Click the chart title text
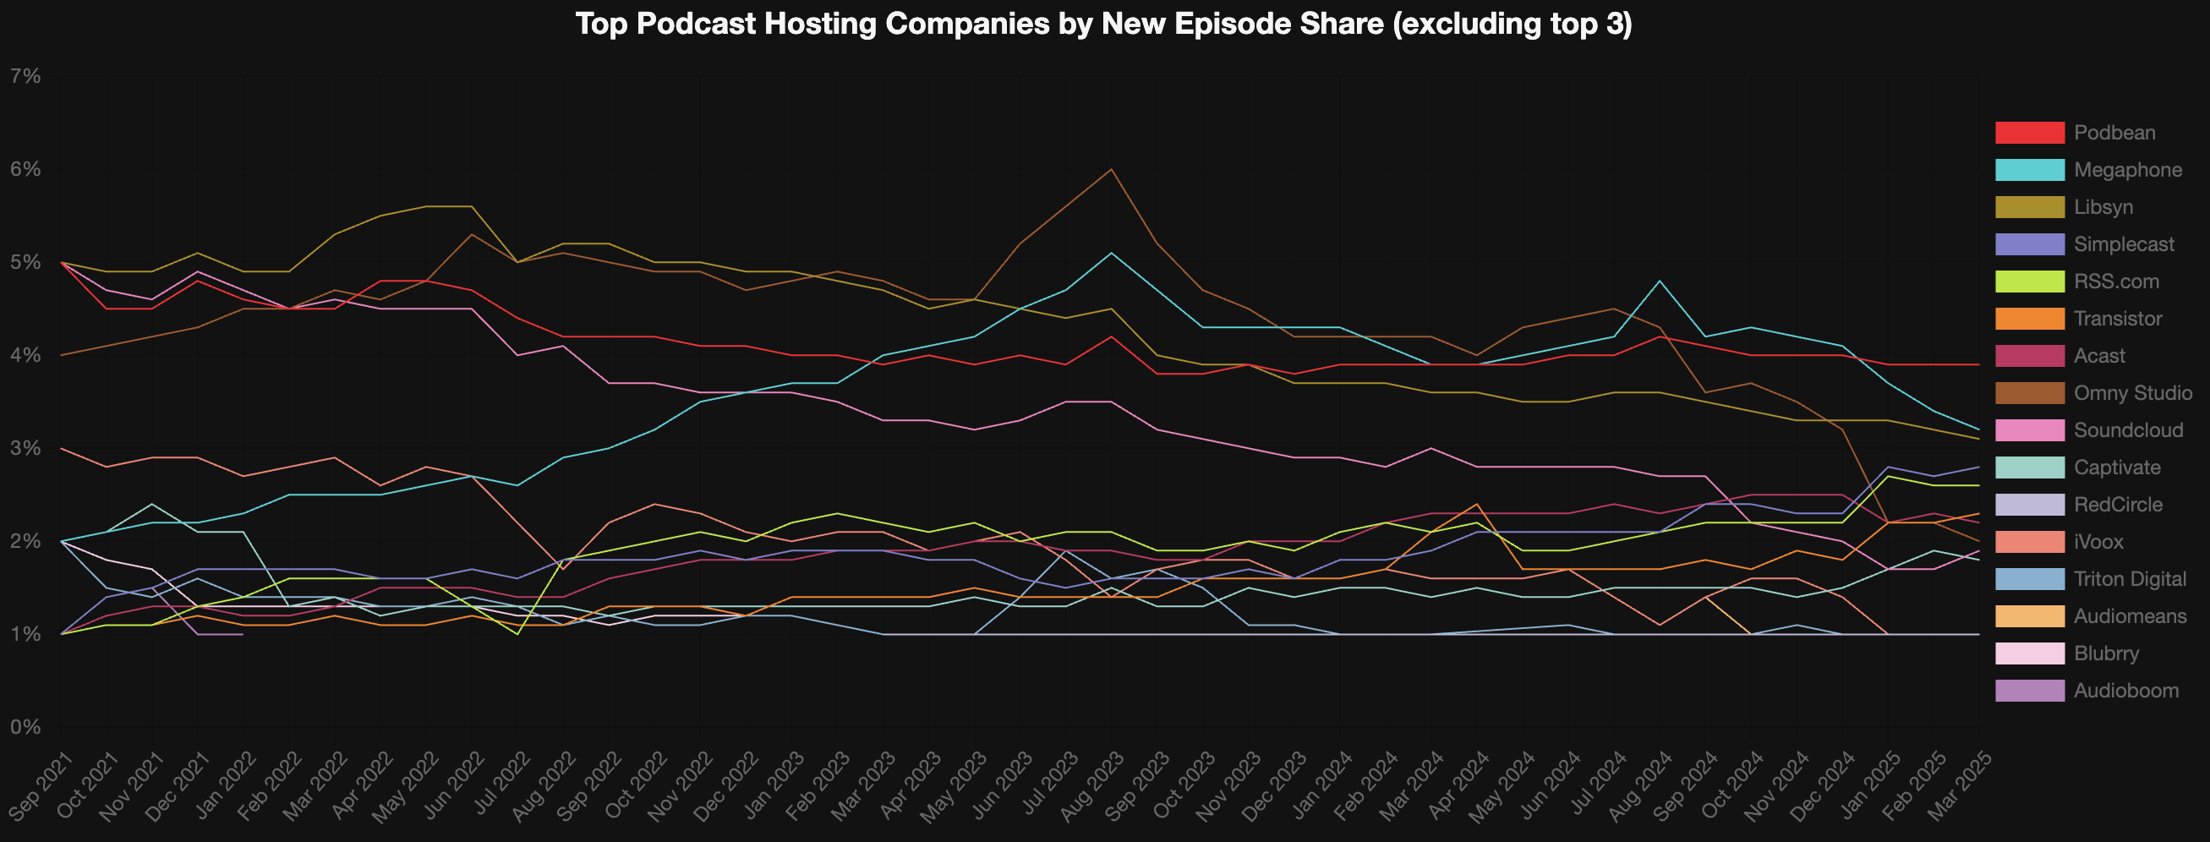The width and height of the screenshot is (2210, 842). pos(1103,24)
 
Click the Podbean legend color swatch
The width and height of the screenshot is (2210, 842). pos(2029,133)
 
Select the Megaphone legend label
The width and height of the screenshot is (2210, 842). pos(2128,170)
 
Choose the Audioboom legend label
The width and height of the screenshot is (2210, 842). pos(2126,690)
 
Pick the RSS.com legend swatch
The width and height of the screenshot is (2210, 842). pos(2029,282)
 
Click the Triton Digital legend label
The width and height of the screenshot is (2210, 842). pos(2130,579)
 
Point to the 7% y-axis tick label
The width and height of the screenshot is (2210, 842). pos(25,76)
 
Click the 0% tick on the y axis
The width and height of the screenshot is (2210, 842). pos(25,727)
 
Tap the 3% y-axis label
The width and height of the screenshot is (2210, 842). pos(25,448)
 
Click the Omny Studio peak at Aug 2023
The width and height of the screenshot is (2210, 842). pos(1112,169)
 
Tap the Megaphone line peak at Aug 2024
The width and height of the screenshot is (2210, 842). pos(1660,281)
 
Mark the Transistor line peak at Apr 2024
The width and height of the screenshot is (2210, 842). pos(1476,504)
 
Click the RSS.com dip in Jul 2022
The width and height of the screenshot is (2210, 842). pos(517,635)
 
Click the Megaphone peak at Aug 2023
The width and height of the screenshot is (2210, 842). pos(1112,253)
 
